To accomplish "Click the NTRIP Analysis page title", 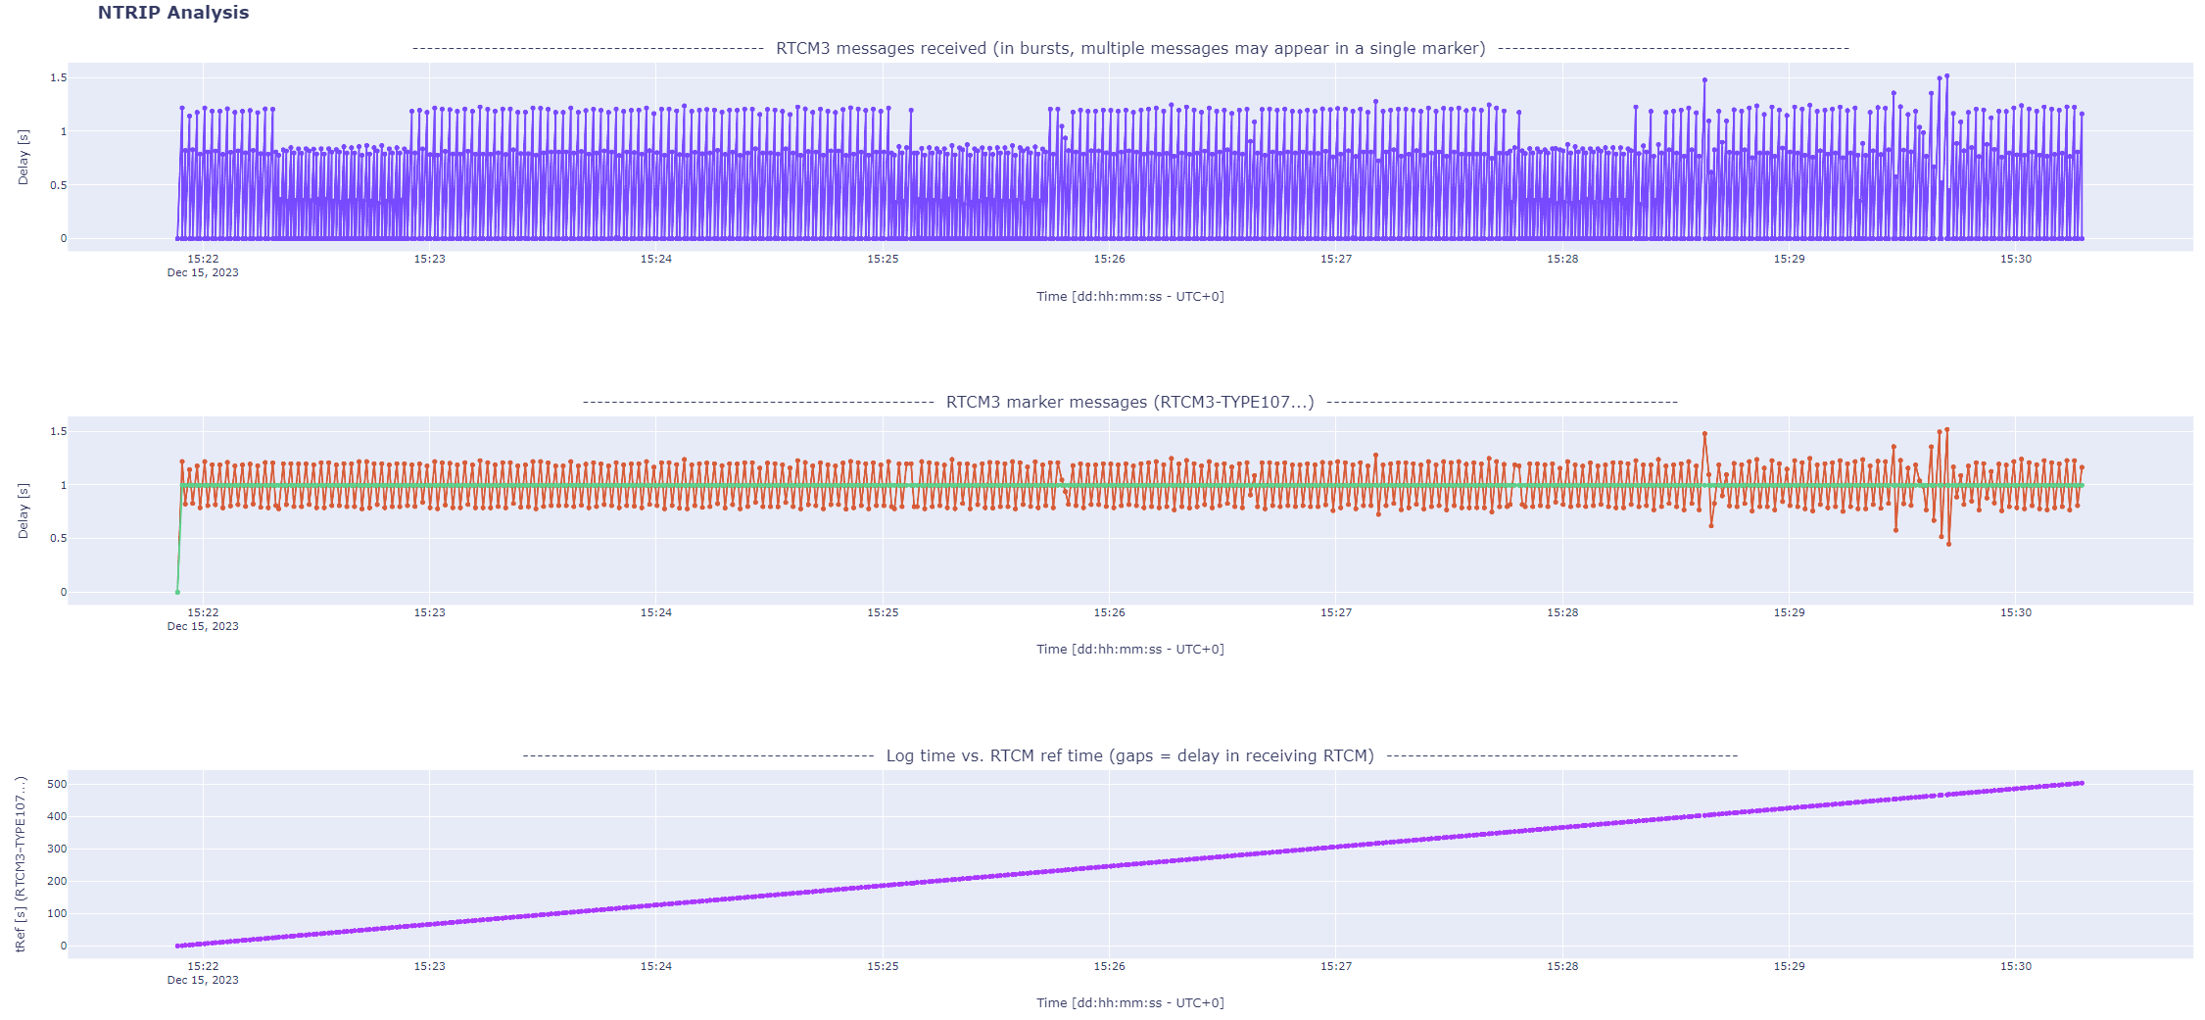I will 173,13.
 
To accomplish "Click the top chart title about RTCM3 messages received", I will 1129,48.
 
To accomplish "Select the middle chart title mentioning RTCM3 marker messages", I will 1129,402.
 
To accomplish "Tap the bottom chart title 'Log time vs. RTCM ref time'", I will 1129,755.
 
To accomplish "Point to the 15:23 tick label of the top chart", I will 429,259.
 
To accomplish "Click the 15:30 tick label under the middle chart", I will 2015,612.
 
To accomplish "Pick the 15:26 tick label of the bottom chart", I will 1109,966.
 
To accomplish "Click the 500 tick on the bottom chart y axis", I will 57,784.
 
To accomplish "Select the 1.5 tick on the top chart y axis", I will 59,77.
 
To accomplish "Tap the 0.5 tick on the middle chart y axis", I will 59,538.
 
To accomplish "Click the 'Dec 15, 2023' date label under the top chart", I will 203,272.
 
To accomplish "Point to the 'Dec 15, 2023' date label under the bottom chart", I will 203,980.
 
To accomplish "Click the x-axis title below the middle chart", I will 1129,649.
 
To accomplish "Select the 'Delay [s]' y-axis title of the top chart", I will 24,157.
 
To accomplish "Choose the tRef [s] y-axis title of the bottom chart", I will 22,864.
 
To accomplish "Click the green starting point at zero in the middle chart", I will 177,592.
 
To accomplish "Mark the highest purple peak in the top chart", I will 1946,75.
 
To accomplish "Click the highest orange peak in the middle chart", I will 1946,429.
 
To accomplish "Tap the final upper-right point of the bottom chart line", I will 2082,783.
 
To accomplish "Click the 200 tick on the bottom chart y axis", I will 57,881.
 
